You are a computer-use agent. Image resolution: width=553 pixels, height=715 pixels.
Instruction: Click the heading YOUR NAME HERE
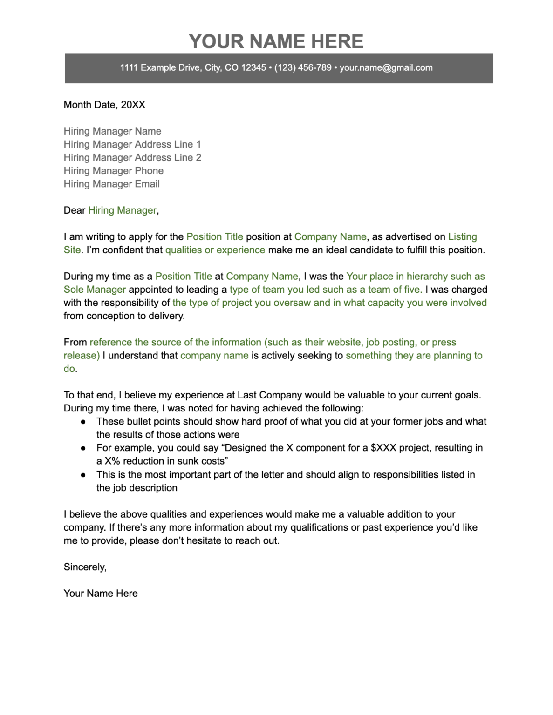276,41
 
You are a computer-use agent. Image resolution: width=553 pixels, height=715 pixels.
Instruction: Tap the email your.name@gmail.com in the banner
386,68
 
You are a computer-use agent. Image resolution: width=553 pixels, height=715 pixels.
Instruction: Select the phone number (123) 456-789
303,68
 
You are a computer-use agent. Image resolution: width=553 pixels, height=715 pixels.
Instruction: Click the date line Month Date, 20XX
104,105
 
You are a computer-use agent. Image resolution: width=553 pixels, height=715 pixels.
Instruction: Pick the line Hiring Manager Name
112,131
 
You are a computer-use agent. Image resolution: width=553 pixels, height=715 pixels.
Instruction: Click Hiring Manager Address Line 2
132,158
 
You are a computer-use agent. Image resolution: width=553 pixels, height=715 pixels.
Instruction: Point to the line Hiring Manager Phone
113,171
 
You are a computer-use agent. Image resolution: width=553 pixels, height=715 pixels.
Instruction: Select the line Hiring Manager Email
111,184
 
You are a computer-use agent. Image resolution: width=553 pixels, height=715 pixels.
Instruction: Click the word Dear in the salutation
75,210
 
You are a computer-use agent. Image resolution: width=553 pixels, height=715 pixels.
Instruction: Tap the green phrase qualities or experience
215,250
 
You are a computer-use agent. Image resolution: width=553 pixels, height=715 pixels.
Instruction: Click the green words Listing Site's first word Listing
462,237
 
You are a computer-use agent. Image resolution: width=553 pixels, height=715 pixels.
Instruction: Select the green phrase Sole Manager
95,290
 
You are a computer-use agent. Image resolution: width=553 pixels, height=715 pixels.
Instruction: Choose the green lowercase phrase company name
214,356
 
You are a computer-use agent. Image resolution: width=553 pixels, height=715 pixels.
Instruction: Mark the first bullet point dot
83,422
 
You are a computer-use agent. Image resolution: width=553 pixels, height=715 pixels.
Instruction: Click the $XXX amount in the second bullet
383,448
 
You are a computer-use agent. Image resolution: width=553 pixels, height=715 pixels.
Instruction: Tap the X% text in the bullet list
112,461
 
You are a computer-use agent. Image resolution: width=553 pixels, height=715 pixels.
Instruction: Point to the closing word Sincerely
85,567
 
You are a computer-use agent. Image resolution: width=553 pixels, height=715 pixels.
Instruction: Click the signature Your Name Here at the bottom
101,594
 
